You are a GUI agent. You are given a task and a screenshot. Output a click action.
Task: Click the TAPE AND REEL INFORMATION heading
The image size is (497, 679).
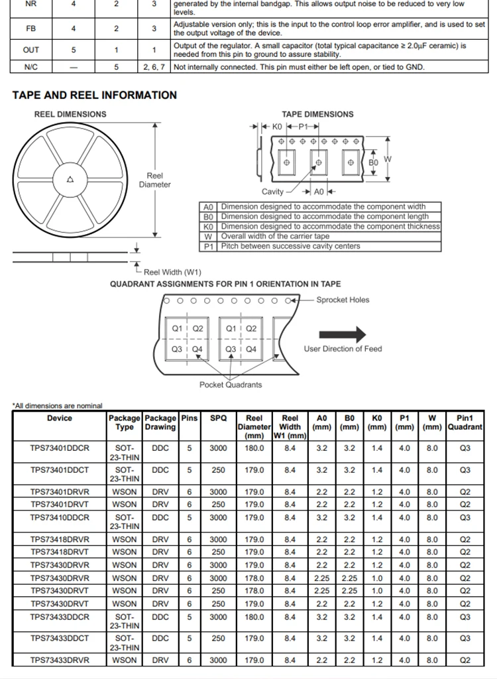pyautogui.click(x=94, y=95)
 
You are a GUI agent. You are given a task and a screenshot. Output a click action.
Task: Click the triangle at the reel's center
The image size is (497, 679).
pyautogui.click(x=70, y=179)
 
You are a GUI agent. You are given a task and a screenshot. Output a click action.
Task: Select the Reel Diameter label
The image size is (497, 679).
pyautogui.click(x=154, y=180)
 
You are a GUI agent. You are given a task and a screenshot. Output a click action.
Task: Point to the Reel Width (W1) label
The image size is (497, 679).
pyautogui.click(x=172, y=272)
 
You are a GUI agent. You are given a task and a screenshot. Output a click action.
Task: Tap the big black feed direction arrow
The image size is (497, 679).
pyautogui.click(x=342, y=334)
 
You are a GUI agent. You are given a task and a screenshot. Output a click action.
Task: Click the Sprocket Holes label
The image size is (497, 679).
pyautogui.click(x=343, y=300)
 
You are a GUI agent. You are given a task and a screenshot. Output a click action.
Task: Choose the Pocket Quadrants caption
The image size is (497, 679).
pyautogui.click(x=231, y=385)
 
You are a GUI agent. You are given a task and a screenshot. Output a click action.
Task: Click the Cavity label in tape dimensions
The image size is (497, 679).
pyautogui.click(x=273, y=192)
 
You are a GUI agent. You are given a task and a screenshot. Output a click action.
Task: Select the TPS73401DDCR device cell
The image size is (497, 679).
pyautogui.click(x=60, y=448)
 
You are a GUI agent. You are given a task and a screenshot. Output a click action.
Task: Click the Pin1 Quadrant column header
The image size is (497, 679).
pyautogui.click(x=465, y=422)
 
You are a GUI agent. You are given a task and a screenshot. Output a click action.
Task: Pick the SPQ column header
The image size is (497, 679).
pyautogui.click(x=218, y=418)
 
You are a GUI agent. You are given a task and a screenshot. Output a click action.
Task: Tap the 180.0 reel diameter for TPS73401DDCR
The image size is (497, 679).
pyautogui.click(x=254, y=448)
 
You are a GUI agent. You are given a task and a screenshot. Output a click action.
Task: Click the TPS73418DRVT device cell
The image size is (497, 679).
pyautogui.click(x=60, y=552)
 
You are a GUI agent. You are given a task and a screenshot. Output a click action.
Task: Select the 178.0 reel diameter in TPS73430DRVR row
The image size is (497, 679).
pyautogui.click(x=254, y=578)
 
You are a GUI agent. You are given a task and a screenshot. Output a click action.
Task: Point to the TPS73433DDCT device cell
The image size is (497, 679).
pyautogui.click(x=60, y=639)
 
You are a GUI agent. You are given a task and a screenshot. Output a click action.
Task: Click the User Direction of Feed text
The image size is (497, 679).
pyautogui.click(x=343, y=349)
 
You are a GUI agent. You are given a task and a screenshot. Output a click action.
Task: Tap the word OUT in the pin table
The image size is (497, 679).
pyautogui.click(x=31, y=50)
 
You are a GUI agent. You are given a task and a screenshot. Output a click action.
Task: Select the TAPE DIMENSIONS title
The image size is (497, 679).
pyautogui.click(x=317, y=114)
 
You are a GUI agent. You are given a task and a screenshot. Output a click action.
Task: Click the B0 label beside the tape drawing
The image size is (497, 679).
pyautogui.click(x=373, y=162)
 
